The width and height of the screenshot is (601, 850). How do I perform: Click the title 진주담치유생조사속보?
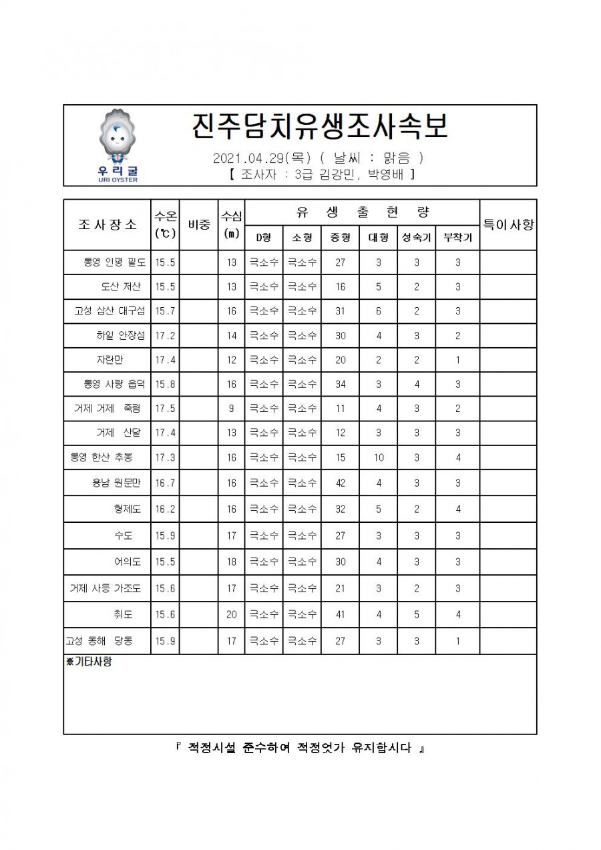point(319,127)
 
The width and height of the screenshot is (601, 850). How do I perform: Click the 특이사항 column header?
point(508,224)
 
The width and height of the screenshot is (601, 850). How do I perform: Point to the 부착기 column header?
point(457,238)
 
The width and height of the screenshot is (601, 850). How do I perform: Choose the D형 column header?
point(264,238)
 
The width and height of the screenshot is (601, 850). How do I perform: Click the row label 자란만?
point(109,360)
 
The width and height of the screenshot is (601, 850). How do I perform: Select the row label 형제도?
point(127,509)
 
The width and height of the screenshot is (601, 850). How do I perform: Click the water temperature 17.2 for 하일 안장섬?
point(165,336)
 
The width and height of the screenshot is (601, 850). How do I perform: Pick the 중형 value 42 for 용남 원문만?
point(340,483)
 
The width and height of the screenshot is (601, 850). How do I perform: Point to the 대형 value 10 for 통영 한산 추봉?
point(378,457)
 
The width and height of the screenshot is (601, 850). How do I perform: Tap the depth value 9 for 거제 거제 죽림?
point(231,409)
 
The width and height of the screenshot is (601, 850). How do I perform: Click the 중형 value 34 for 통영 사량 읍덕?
point(340,385)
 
